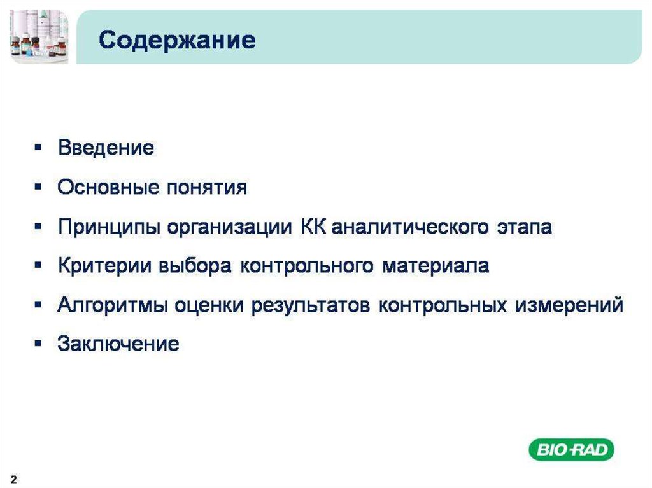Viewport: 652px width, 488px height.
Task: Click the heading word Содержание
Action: pos(177,41)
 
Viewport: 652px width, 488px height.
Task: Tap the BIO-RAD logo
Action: pos(571,450)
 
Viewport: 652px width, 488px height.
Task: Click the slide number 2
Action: pos(14,479)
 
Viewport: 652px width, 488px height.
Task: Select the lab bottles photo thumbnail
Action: pos(39,36)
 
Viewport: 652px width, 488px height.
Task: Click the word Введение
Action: pos(106,148)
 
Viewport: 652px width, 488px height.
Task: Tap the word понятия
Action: pos(207,188)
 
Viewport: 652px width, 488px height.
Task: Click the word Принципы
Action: pos(110,227)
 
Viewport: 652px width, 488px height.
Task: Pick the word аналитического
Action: pos(410,227)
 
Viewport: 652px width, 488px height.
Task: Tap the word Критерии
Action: pos(104,266)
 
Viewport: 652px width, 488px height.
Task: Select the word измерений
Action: pos(569,305)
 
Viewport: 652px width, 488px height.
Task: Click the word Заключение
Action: pos(118,344)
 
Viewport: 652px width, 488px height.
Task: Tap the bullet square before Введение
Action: pos(38,147)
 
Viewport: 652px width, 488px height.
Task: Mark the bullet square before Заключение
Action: pos(38,344)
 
